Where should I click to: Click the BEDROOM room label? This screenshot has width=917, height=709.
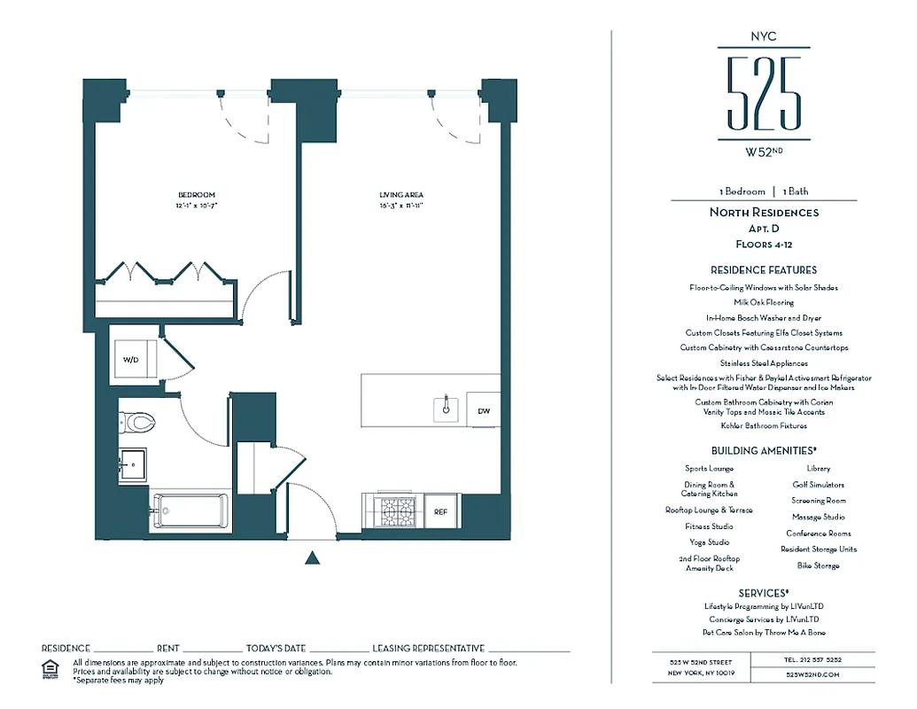[x=197, y=195]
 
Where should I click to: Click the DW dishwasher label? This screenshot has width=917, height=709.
[x=484, y=411]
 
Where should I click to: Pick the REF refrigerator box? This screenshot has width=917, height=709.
[x=440, y=511]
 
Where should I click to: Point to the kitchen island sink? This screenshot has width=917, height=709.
[x=447, y=409]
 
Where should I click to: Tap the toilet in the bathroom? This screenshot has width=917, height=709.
[x=140, y=424]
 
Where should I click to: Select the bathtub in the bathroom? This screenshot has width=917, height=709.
[x=190, y=512]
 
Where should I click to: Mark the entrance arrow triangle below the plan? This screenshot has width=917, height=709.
[x=312, y=557]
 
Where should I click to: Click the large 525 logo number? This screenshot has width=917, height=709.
[x=764, y=94]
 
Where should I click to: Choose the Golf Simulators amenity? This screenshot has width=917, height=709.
[x=818, y=485]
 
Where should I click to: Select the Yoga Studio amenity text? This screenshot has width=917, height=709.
[x=710, y=542]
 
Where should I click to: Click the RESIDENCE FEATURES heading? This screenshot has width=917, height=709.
[x=764, y=269]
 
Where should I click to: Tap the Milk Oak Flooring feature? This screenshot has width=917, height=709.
[x=764, y=302]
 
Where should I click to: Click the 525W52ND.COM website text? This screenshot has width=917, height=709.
[x=812, y=674]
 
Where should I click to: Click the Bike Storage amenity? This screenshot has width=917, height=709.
[x=818, y=565]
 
